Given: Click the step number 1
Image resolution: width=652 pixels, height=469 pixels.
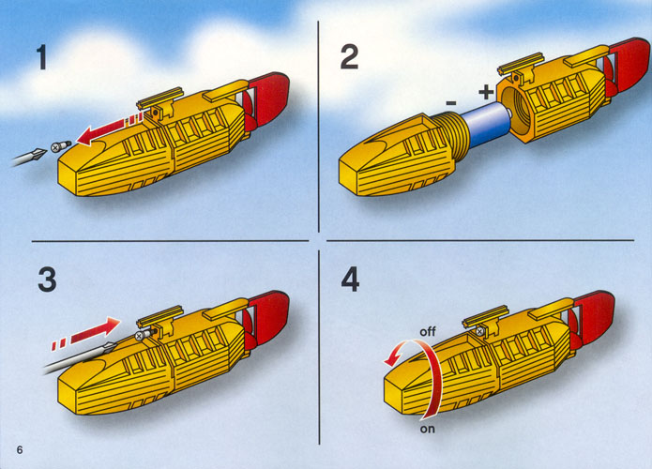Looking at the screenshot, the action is pyautogui.click(x=41, y=57).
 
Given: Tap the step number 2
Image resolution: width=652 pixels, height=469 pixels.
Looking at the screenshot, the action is pyautogui.click(x=349, y=57).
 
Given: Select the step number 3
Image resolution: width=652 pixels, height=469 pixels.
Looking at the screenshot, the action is pyautogui.click(x=47, y=279).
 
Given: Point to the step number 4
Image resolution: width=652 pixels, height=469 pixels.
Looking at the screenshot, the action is pyautogui.click(x=350, y=279).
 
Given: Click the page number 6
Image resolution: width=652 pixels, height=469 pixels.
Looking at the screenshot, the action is pyautogui.click(x=20, y=450).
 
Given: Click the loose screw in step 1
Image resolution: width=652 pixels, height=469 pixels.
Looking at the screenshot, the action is pyautogui.click(x=60, y=146).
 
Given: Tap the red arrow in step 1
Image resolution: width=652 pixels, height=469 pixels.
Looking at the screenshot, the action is pyautogui.click(x=110, y=129).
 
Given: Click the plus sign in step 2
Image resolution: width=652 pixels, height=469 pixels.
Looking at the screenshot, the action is pyautogui.click(x=486, y=92).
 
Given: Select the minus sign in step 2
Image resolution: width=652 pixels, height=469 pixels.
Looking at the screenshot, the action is pyautogui.click(x=451, y=102).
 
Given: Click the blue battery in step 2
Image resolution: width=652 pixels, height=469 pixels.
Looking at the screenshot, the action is pyautogui.click(x=487, y=124).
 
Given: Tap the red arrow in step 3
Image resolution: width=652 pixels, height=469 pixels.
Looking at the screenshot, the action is pyautogui.click(x=86, y=334).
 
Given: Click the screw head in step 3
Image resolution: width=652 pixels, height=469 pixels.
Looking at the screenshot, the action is pyautogui.click(x=139, y=336).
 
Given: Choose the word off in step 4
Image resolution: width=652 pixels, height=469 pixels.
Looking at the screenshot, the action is pyautogui.click(x=428, y=331).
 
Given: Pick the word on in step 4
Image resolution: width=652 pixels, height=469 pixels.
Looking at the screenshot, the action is pyautogui.click(x=427, y=429).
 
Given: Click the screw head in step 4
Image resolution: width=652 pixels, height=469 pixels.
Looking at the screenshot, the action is pyautogui.click(x=479, y=331).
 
